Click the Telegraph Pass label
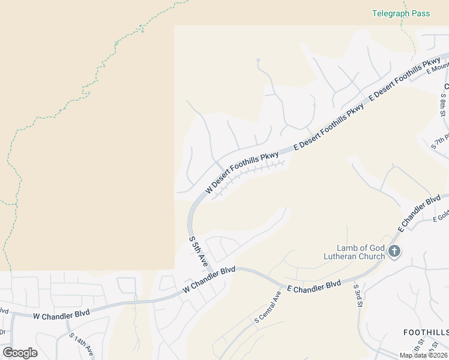[401, 13]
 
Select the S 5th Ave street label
[198, 251]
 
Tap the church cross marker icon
[394, 251]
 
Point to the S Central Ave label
[268, 306]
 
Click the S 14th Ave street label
[82, 346]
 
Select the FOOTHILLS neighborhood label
[426, 332]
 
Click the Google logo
[19, 353]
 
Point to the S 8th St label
[443, 105]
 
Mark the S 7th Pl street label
[441, 144]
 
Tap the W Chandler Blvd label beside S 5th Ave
[209, 280]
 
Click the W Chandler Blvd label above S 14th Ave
[61, 314]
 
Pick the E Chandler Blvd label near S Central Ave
[313, 286]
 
